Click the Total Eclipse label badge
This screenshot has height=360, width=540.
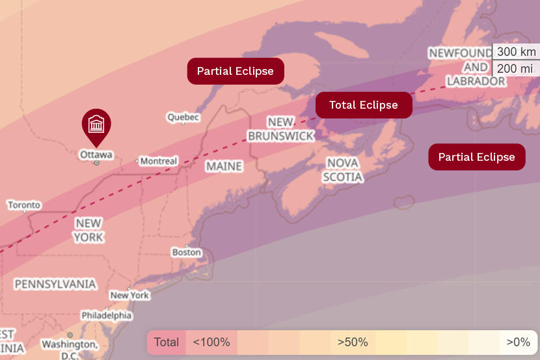[x=364, y=105]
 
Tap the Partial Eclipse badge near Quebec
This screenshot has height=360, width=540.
[x=236, y=71]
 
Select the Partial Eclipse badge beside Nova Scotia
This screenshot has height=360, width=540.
[x=476, y=157]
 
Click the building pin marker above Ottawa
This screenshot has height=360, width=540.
[x=96, y=125]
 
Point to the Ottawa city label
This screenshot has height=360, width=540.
[x=96, y=155]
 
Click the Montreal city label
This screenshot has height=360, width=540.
[x=158, y=161]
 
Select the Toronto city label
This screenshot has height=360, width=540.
[x=24, y=205]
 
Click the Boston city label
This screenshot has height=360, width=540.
[x=186, y=252]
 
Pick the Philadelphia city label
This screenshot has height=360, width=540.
[x=106, y=315]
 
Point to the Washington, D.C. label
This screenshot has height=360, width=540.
[x=70, y=348]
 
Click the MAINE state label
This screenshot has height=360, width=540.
[x=224, y=167]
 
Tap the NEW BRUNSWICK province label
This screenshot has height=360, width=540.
[x=280, y=129]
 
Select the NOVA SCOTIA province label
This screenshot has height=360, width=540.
[x=343, y=170]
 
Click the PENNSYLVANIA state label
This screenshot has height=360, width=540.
[x=55, y=284]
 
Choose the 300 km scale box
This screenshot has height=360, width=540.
[x=516, y=52]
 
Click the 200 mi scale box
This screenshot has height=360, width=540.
[x=516, y=68]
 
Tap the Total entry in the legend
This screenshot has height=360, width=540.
[x=167, y=342]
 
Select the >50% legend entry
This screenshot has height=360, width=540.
[x=353, y=342]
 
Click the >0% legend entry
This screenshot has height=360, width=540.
[x=519, y=342]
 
